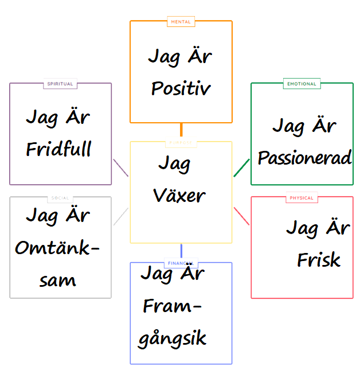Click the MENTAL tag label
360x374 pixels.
click(x=181, y=22)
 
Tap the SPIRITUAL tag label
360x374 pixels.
click(x=60, y=84)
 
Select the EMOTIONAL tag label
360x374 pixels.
click(x=302, y=84)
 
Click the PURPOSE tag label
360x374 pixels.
click(x=181, y=142)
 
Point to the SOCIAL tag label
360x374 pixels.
click(x=60, y=198)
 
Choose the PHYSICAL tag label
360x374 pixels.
click(x=302, y=198)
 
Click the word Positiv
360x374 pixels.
click(x=181, y=89)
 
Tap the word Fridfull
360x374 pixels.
click(x=59, y=150)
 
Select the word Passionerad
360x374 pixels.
click(x=304, y=158)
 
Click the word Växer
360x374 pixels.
click(x=179, y=196)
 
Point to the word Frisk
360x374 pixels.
click(x=319, y=260)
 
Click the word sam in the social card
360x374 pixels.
click(x=58, y=280)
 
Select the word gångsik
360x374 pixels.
click(x=172, y=338)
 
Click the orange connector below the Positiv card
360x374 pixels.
click(x=181, y=131)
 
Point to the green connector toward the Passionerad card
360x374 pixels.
click(x=242, y=167)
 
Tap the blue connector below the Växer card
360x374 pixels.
click(x=181, y=251)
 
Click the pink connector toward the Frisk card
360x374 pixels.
click(x=242, y=216)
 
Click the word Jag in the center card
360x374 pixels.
click(x=174, y=165)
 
